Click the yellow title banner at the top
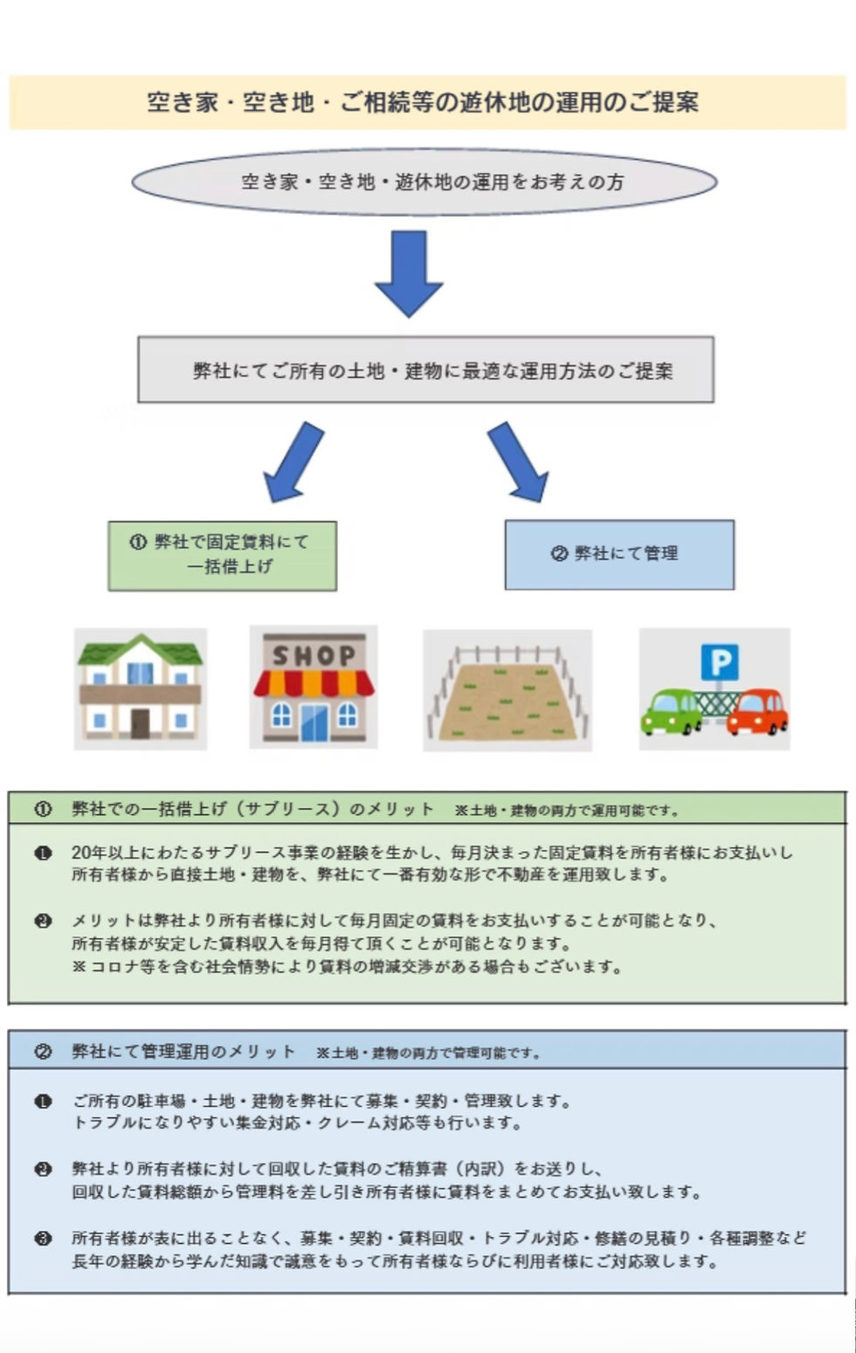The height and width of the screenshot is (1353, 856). point(427,102)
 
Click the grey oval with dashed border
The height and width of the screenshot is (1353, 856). point(425,182)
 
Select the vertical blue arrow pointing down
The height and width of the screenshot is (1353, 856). point(408,272)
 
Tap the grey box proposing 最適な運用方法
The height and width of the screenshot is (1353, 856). point(425,370)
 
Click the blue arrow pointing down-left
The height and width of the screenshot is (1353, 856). point(293,462)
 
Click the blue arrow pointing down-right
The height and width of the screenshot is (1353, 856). point(518,461)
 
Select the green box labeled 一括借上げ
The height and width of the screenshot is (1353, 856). point(222,556)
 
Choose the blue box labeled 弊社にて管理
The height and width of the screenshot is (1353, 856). point(618,554)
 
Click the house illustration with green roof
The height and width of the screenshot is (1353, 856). point(140,687)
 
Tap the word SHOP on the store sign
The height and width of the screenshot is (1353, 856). point(314,655)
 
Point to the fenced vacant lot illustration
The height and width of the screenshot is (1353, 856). point(507,691)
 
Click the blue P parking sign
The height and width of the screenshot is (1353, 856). point(720,662)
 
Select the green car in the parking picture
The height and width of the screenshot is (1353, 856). point(671,712)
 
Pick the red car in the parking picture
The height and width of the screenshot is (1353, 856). point(757,712)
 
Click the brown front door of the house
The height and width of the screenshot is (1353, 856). point(140,723)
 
